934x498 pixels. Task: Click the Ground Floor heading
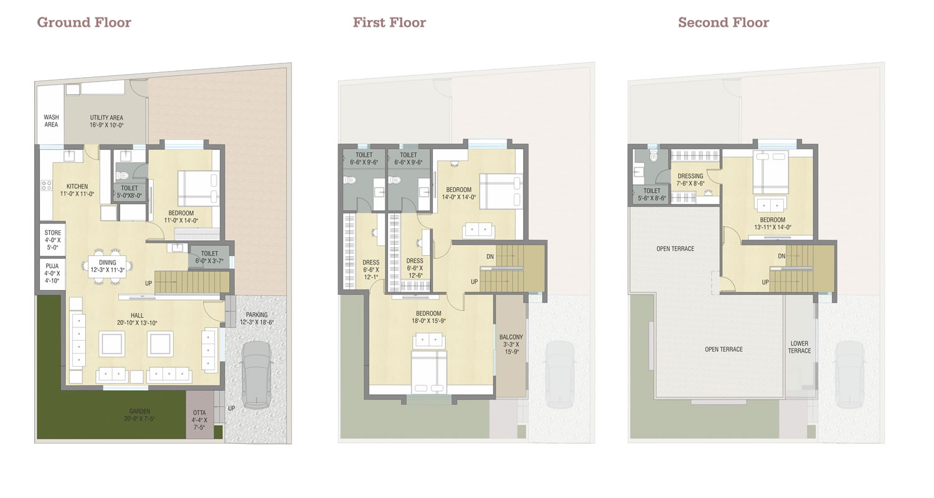(x=84, y=22)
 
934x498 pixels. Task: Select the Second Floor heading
(x=724, y=22)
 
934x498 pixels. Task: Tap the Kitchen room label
(x=77, y=190)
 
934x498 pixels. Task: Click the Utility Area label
(x=106, y=121)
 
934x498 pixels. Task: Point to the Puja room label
(x=52, y=273)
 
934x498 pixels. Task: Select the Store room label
(x=52, y=240)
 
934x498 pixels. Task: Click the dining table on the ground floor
(x=107, y=266)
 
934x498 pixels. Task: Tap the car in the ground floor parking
(x=257, y=375)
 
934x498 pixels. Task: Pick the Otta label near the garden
(x=199, y=420)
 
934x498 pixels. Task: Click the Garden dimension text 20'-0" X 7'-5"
(x=139, y=418)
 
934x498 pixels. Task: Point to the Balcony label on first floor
(x=511, y=344)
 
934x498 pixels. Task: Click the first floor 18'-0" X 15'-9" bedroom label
(x=428, y=317)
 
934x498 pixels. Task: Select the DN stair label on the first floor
(x=490, y=256)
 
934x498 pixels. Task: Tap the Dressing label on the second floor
(x=691, y=180)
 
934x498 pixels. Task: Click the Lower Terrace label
(x=800, y=347)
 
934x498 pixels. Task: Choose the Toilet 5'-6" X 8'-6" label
(x=652, y=195)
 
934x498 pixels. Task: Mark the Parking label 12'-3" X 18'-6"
(x=257, y=318)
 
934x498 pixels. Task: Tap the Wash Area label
(x=51, y=121)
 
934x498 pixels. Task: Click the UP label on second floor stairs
(x=765, y=282)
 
